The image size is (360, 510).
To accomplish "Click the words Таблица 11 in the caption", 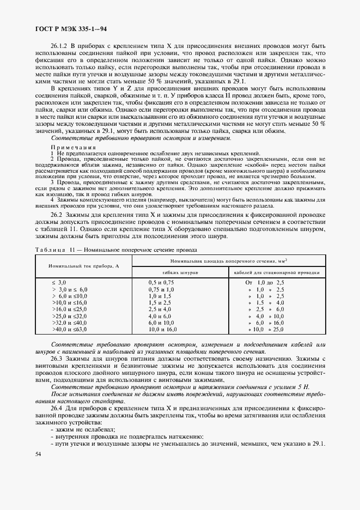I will point(51,250).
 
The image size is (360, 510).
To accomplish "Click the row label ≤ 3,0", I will point(58,282).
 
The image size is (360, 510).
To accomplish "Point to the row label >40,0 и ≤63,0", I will point(69,330).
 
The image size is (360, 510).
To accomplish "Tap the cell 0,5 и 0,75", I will point(161,282).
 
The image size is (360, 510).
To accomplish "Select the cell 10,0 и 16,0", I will point(162,330).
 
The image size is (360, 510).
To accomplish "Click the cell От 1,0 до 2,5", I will point(265,282).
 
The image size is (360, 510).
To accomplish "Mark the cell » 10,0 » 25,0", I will point(267,330).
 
